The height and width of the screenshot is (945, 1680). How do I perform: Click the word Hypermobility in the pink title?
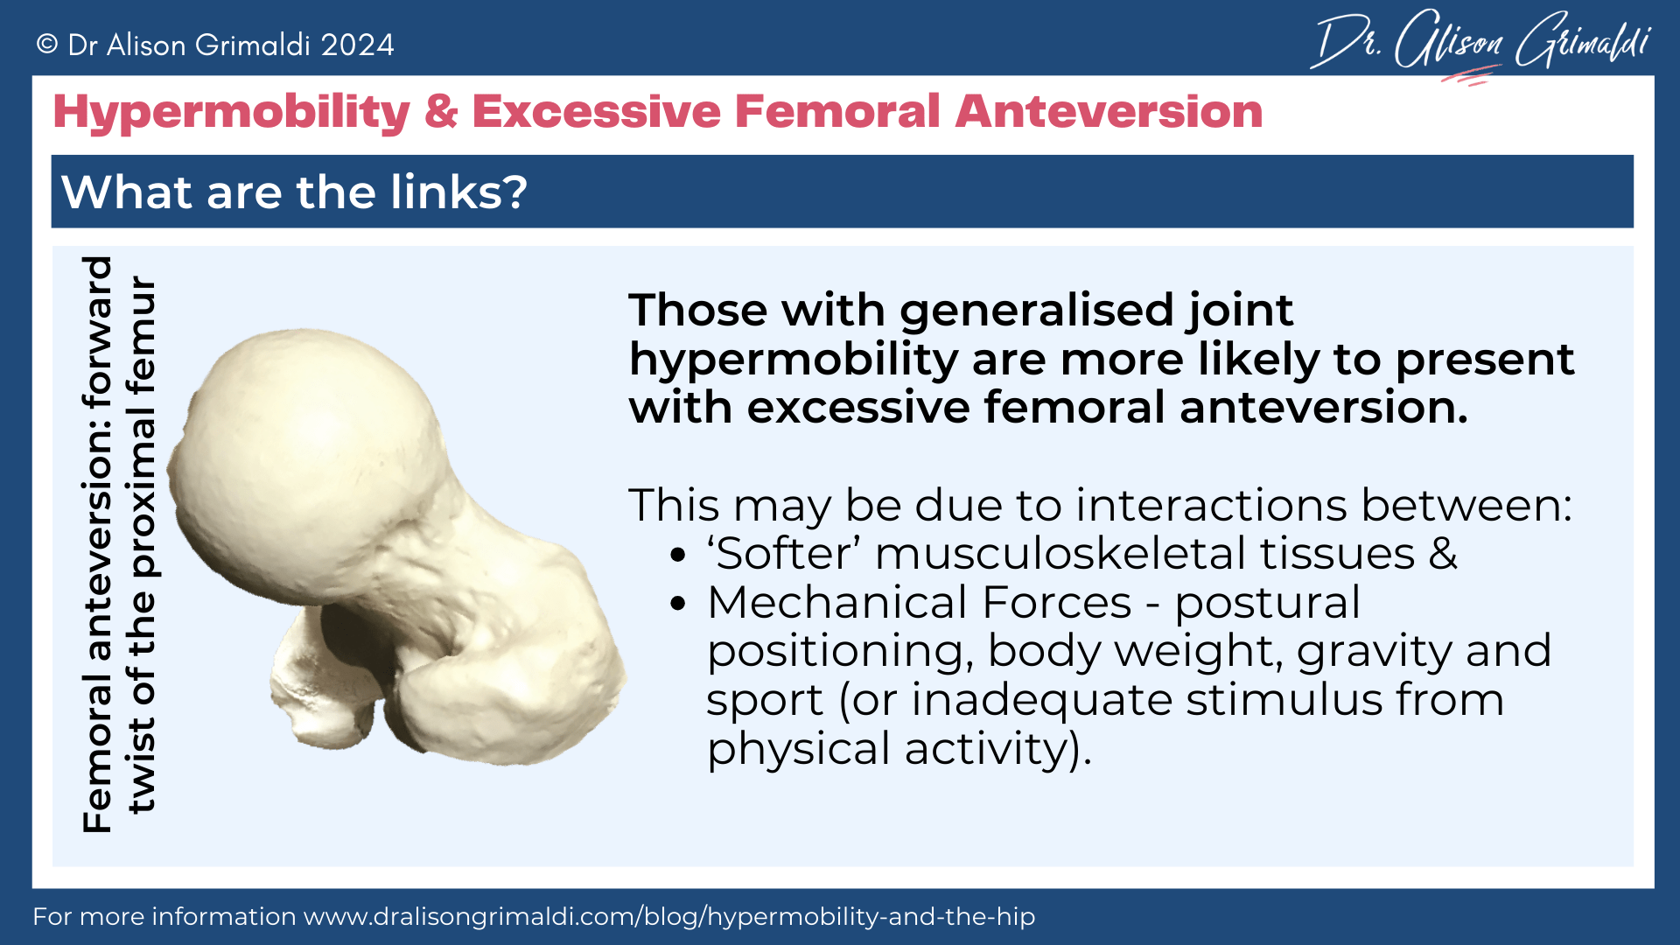[232, 113]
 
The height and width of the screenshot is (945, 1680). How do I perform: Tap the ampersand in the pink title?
[441, 112]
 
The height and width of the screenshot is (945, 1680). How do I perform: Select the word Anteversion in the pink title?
[1109, 111]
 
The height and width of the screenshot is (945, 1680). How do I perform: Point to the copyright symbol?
[47, 44]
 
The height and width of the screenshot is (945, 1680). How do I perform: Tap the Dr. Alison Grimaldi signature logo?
[1480, 40]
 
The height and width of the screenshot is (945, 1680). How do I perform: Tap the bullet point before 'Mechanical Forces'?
[677, 604]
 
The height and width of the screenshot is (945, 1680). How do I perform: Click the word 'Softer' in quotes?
[784, 554]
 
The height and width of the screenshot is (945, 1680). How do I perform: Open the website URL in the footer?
[669, 916]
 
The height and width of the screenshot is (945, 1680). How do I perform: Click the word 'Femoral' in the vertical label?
[97, 752]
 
